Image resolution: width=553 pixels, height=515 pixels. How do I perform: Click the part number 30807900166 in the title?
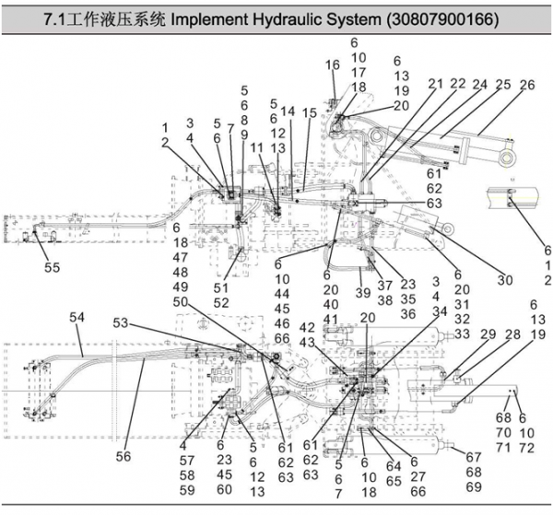click(442, 19)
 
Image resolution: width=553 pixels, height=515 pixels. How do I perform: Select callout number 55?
click(53, 267)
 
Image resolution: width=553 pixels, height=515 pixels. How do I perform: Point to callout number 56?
click(124, 456)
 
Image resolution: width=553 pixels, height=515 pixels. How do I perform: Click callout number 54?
click(76, 317)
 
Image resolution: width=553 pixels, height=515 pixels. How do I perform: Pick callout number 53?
click(121, 322)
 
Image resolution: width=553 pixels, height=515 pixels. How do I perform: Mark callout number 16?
click(332, 64)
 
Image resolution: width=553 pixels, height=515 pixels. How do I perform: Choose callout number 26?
click(527, 85)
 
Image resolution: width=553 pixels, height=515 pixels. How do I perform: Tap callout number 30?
click(505, 280)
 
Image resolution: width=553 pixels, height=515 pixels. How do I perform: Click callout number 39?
click(363, 293)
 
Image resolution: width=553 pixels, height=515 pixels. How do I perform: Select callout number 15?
click(310, 112)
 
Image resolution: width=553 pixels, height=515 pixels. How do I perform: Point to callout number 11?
click(257, 148)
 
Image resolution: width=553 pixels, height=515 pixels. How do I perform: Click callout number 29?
click(488, 334)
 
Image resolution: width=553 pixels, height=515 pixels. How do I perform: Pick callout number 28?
click(512, 334)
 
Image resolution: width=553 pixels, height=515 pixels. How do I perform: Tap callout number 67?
click(474, 457)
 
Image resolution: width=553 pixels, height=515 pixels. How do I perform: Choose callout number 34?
click(440, 311)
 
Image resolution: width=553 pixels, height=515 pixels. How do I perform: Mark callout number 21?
click(436, 84)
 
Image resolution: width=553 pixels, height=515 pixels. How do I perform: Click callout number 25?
click(503, 85)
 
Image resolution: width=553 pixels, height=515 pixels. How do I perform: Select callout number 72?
click(527, 448)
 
